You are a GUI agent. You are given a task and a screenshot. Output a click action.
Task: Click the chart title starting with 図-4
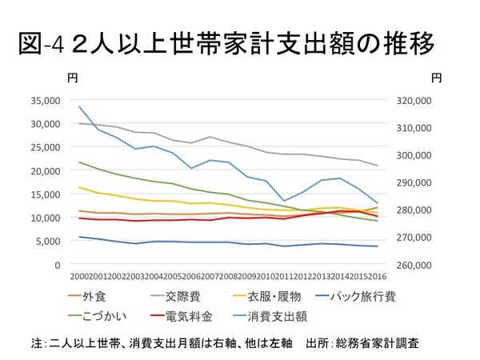pyautogui.click(x=225, y=44)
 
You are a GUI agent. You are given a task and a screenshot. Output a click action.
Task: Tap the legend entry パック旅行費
pyautogui.click(x=372, y=296)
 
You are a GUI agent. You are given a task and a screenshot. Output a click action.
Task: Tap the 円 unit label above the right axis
pyautogui.click(x=436, y=78)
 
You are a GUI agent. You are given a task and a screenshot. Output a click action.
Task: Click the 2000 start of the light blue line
pyautogui.click(x=80, y=106)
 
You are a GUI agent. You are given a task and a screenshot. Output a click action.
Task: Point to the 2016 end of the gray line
pyautogui.click(x=378, y=166)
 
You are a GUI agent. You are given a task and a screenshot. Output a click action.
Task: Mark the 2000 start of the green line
pyautogui.click(x=80, y=162)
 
